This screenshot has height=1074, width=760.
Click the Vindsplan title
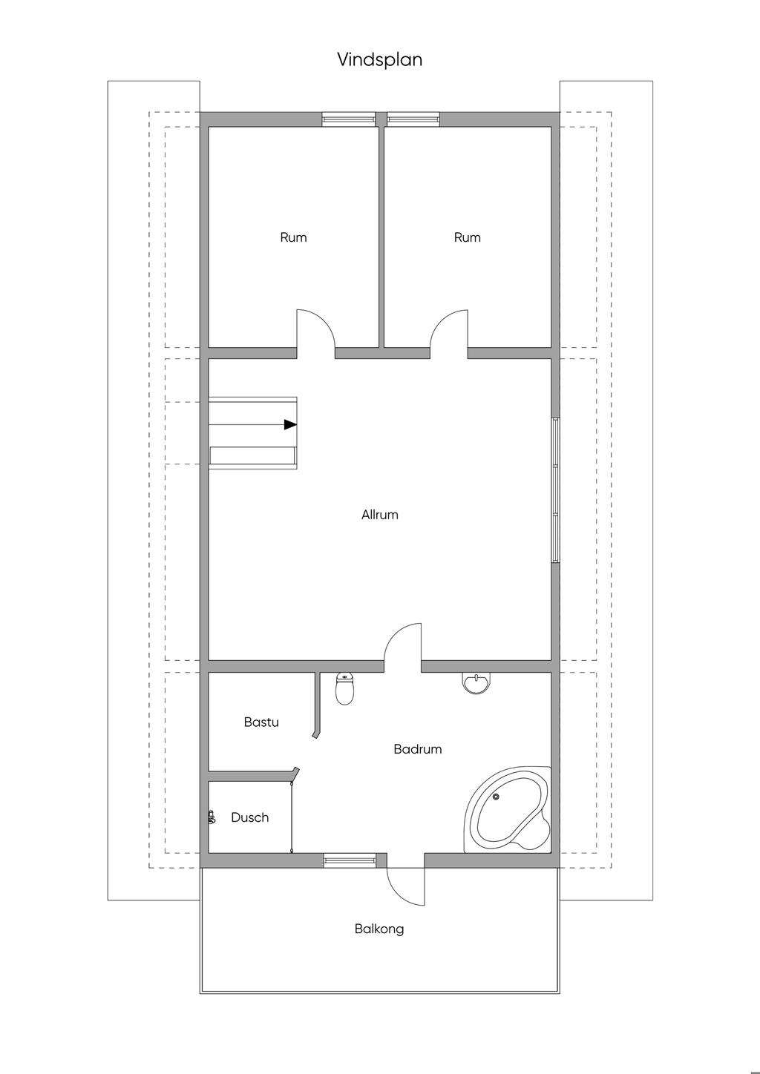click(379, 60)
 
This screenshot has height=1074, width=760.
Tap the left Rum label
click(293, 237)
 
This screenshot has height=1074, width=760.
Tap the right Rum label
click(468, 237)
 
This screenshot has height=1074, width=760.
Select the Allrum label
click(380, 515)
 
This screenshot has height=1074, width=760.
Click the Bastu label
click(261, 722)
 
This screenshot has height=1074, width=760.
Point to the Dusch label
click(249, 817)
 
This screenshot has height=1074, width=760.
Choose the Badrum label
click(417, 749)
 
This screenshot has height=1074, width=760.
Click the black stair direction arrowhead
click(290, 425)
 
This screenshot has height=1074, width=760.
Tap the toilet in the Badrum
click(345, 688)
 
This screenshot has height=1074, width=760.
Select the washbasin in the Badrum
click(476, 682)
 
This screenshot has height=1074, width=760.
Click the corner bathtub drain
click(496, 797)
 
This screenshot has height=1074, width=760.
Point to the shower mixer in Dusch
click(212, 817)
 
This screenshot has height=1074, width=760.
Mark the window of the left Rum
click(348, 119)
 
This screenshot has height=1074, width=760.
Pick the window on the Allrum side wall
click(555, 490)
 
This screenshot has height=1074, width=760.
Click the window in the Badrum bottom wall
click(350, 860)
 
